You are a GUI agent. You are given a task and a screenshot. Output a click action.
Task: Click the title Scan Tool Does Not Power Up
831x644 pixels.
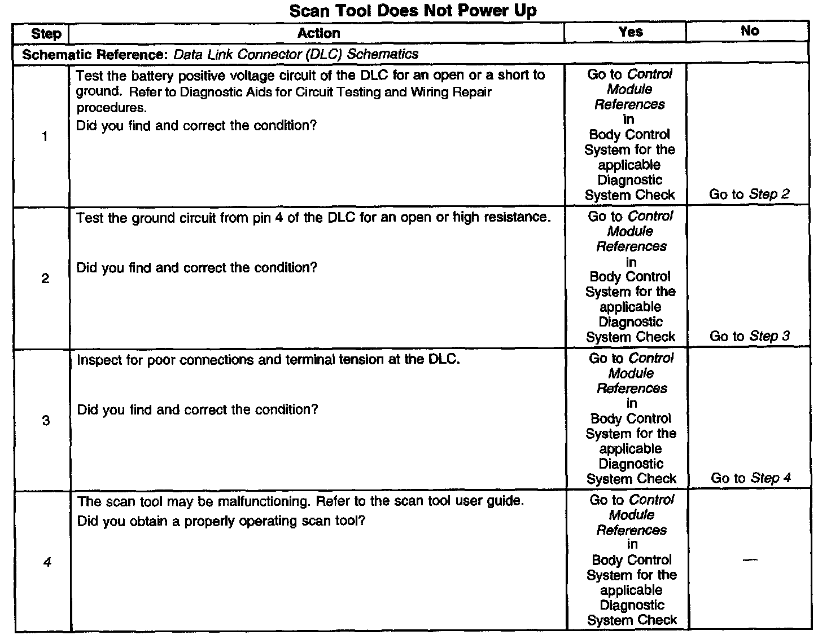tap(413, 11)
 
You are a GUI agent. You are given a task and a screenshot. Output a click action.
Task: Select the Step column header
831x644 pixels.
tap(46, 34)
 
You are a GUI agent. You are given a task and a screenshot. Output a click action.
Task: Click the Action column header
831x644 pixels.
tap(318, 33)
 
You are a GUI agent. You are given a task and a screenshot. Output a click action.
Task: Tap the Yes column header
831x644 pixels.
tap(630, 32)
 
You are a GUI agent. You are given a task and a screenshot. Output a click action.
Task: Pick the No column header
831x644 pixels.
tap(749, 31)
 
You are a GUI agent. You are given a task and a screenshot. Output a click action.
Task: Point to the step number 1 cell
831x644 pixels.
tap(45, 136)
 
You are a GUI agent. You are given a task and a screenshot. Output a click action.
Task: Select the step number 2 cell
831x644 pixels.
tap(45, 279)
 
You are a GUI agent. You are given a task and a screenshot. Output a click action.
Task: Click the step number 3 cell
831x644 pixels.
tap(46, 421)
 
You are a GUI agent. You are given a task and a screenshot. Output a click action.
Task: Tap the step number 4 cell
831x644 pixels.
tap(47, 562)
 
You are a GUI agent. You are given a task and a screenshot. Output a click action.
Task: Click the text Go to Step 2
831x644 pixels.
tap(749, 195)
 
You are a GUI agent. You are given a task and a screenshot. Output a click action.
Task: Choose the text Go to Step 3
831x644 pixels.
tap(749, 337)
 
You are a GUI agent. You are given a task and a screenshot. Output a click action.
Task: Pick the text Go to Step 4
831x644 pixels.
tap(750, 478)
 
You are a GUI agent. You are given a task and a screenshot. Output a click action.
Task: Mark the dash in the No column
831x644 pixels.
tap(750, 560)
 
